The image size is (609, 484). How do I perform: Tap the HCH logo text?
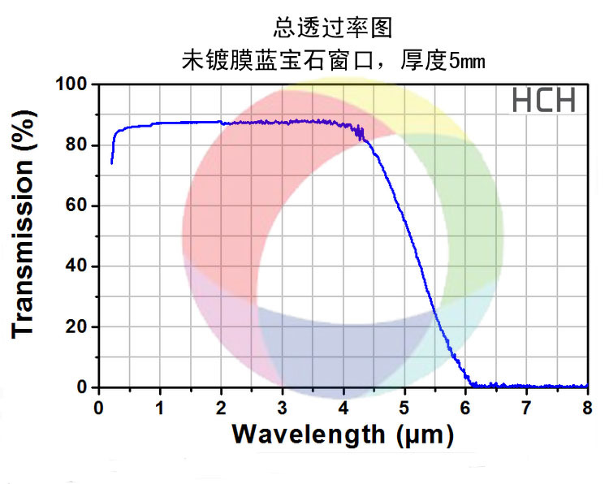[x=543, y=101]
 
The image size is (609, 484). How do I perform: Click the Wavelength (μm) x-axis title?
[x=342, y=434]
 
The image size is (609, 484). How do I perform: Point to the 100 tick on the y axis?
[x=72, y=84]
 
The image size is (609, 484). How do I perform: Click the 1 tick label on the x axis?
[x=160, y=405]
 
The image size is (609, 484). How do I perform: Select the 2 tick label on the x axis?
[x=221, y=405]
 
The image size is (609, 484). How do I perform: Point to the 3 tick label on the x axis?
[x=282, y=405]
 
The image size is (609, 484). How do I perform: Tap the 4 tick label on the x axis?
[x=343, y=405]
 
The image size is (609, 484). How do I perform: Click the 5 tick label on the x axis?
[x=404, y=405]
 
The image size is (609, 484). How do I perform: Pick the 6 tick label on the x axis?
[x=464, y=405]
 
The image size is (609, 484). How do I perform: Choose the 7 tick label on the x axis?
[x=525, y=405]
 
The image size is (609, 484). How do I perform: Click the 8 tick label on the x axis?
[x=586, y=405]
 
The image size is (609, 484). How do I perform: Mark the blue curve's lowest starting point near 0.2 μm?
[x=111, y=162]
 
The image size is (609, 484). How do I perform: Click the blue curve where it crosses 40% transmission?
[x=421, y=266]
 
